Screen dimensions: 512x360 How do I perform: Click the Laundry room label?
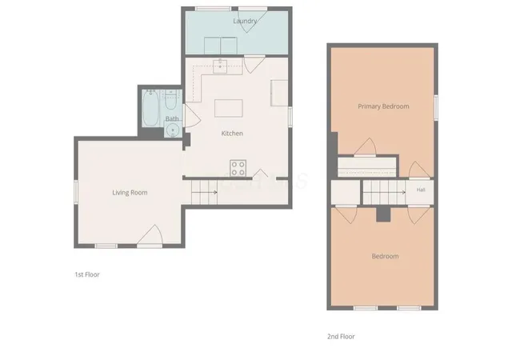pos(245,21)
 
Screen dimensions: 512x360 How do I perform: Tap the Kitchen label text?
pos(232,134)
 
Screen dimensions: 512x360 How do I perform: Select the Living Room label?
pos(130,193)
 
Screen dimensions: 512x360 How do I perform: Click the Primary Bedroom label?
pos(383,106)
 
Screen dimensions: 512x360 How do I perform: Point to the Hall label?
pos(421,190)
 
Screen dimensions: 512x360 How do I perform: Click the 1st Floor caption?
pos(87,274)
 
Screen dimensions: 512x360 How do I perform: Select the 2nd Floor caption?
pos(341,337)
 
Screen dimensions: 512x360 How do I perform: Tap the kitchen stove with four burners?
pos(238,168)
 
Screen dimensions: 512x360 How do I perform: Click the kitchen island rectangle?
pos(229,108)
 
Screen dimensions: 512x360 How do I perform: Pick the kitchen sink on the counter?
pos(220,66)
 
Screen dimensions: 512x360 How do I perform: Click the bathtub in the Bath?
pos(151,108)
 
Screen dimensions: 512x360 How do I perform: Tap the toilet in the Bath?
pos(170,100)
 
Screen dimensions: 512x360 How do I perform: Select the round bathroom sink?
pos(172,131)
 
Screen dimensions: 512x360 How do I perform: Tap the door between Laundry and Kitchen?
pos(254,64)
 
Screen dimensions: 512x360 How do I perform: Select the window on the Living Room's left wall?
pos(76,192)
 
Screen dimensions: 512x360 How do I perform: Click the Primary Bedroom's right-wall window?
pos(436,107)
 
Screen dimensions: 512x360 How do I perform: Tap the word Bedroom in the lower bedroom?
pos(386,256)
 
